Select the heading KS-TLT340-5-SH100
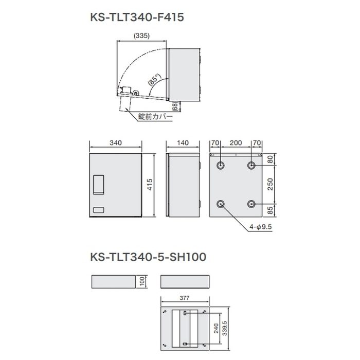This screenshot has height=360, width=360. (x=149, y=256)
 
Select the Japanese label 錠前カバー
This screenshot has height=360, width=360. (x=155, y=117)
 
